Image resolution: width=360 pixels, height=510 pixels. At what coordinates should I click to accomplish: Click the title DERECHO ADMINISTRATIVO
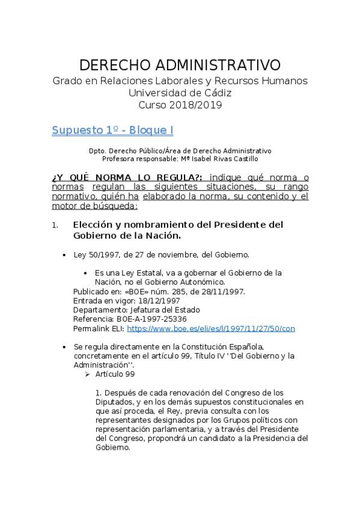(180, 64)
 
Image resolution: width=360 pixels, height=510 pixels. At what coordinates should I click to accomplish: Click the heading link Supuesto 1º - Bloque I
(113, 130)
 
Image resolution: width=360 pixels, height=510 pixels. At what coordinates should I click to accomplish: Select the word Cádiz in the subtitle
(218, 93)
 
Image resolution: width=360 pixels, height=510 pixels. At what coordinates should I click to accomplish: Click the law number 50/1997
(97, 254)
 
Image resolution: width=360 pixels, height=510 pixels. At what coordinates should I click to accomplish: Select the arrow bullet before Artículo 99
(88, 374)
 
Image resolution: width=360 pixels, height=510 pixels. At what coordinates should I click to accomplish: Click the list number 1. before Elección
(55, 225)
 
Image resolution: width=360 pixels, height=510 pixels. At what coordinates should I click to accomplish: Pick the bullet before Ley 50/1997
(65, 255)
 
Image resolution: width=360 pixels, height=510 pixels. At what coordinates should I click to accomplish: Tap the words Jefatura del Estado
(166, 310)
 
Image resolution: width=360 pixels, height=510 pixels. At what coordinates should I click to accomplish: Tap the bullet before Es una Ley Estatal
(88, 272)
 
